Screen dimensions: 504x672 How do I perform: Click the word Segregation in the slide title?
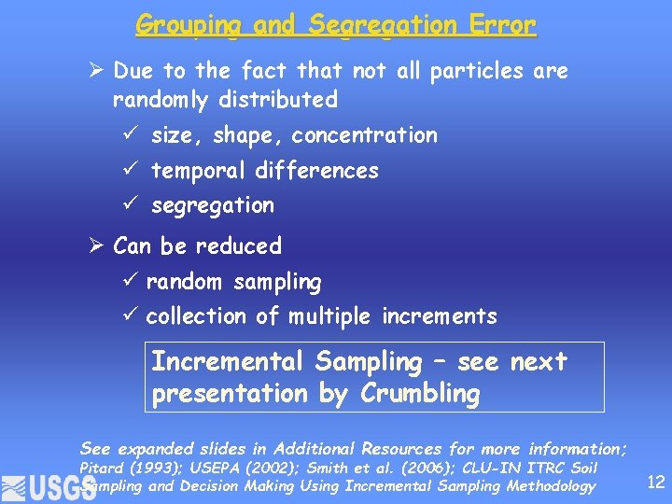click(383, 25)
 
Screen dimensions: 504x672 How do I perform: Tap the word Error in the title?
click(504, 25)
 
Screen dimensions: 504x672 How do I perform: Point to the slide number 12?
click(655, 482)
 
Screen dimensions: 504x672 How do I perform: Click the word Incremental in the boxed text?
click(228, 361)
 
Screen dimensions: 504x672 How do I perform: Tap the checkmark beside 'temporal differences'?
click(133, 170)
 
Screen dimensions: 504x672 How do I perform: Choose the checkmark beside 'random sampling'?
click(133, 281)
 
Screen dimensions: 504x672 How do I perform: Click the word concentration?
click(364, 135)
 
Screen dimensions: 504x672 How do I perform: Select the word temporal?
click(193, 171)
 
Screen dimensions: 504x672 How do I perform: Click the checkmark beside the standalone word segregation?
click(133, 204)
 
